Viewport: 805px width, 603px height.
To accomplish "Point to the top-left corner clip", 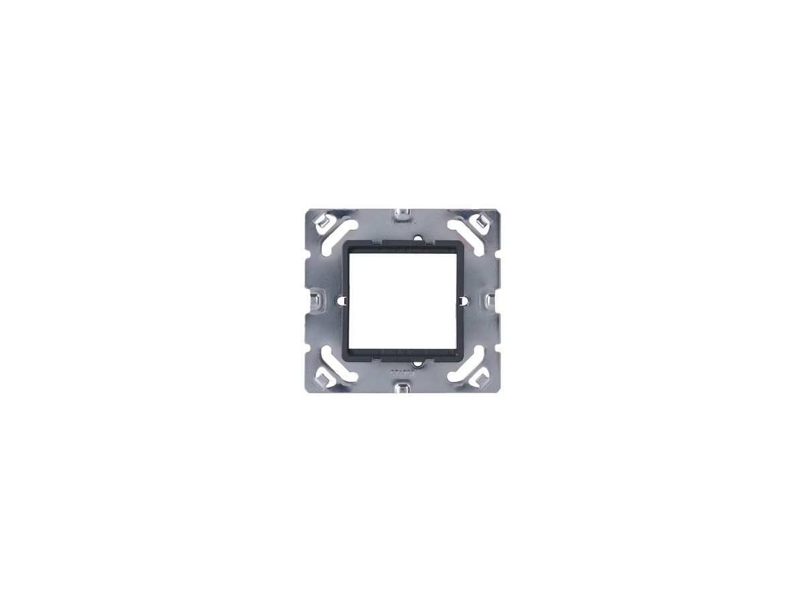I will pyautogui.click(x=321, y=219).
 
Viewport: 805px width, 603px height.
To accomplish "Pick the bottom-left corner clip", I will pyautogui.click(x=321, y=379).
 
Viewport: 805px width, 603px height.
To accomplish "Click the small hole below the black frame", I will pyautogui.click(x=419, y=364).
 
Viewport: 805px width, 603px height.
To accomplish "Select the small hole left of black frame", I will pyautogui.click(x=340, y=299).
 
